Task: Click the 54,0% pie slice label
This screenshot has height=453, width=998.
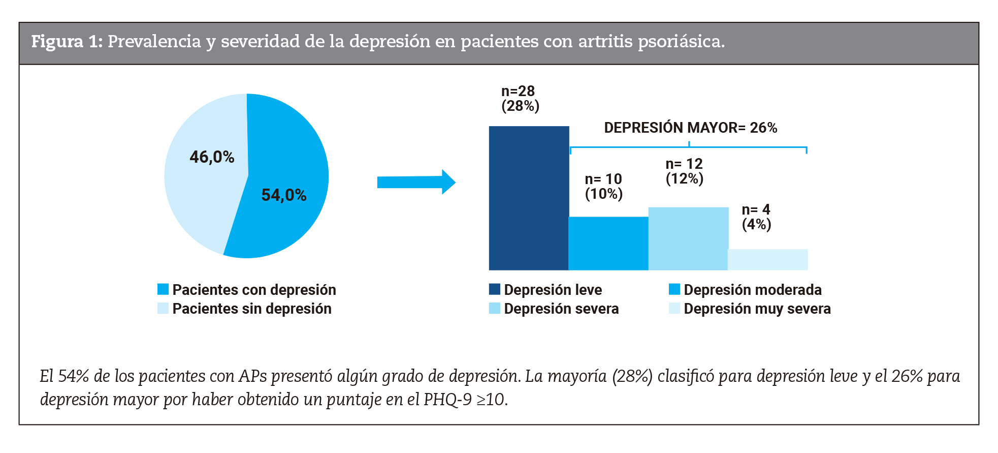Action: (283, 195)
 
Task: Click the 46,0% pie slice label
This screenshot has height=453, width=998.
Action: (212, 157)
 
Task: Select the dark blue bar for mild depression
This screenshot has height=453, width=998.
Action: (528, 198)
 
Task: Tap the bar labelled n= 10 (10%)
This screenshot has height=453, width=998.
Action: (608, 244)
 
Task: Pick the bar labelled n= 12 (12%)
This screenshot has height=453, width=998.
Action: (688, 238)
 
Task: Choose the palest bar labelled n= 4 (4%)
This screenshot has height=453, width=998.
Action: (767, 259)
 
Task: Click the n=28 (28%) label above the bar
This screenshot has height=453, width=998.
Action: (520, 99)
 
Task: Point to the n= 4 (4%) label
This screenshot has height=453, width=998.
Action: (756, 217)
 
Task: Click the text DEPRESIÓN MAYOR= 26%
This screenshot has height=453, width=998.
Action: (690, 128)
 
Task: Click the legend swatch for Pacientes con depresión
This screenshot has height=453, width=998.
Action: (163, 289)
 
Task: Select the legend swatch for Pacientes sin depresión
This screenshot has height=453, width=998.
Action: (163, 308)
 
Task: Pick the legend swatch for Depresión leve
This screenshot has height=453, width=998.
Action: (494, 289)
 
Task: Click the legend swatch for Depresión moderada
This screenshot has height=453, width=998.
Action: (674, 289)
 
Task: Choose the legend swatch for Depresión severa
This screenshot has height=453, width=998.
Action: (494, 308)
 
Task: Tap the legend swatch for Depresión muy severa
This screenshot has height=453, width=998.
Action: (674, 308)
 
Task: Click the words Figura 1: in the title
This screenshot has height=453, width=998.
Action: (67, 42)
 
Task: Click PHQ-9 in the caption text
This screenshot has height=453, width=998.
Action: (447, 400)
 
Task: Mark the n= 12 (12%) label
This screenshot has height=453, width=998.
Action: (684, 171)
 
